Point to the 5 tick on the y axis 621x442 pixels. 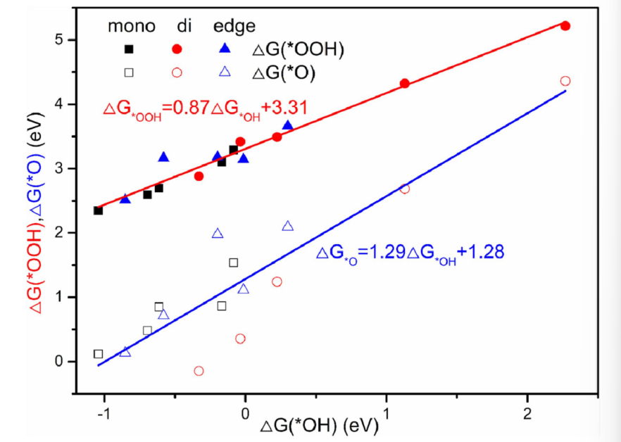coord(59,40)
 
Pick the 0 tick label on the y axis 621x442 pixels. coord(59,362)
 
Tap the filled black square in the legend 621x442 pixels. coord(129,49)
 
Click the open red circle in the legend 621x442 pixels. coord(177,72)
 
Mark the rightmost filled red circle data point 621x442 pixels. coord(565,26)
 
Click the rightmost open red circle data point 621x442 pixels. coord(565,81)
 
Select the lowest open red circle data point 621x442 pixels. coord(199,371)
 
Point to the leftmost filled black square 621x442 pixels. coord(98,210)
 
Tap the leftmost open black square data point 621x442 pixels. coord(98,354)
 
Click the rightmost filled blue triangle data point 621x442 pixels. coord(287,125)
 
